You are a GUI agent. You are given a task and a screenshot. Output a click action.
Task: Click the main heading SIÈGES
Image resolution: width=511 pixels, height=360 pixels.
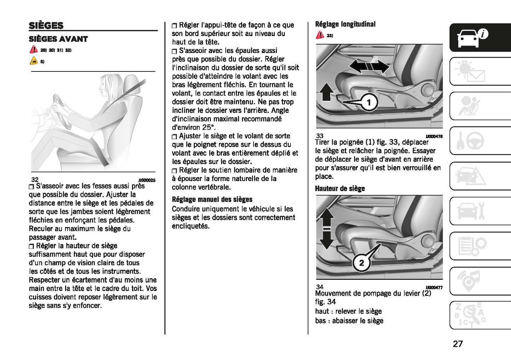click(46, 25)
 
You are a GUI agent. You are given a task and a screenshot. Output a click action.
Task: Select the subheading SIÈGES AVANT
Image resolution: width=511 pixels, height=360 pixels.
click(58, 39)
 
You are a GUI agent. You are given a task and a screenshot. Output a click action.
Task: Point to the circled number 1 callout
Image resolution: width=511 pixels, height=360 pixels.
click(369, 103)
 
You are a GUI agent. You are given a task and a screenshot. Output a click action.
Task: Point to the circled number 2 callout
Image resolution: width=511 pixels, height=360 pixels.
click(361, 263)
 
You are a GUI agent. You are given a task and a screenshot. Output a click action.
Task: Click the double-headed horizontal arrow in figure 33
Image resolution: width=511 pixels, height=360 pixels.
click(369, 66)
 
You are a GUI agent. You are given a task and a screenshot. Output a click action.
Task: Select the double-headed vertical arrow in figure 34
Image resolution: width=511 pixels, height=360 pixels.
click(326, 228)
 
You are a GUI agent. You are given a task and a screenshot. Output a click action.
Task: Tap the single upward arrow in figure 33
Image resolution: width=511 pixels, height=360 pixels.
click(326, 92)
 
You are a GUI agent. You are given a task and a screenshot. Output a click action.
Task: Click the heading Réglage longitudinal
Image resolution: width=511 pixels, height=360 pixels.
click(345, 24)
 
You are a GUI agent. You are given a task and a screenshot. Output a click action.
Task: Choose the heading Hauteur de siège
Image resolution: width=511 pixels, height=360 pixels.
click(339, 188)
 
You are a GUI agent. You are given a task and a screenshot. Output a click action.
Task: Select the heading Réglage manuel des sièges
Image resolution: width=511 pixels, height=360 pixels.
click(212, 199)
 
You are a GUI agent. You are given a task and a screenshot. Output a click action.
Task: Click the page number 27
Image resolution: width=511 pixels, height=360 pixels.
click(458, 344)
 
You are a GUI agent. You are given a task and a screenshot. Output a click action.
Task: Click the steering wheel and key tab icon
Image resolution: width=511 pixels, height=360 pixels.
click(472, 141)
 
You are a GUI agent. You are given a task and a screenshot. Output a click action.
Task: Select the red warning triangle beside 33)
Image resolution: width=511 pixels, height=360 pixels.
click(320, 35)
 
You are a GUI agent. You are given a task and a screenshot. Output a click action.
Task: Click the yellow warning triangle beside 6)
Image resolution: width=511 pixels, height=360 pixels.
click(33, 61)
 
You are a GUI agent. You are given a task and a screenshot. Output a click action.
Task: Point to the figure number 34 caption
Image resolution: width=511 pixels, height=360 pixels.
click(320, 287)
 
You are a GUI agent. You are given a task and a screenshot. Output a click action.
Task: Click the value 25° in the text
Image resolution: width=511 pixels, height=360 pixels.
click(209, 127)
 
